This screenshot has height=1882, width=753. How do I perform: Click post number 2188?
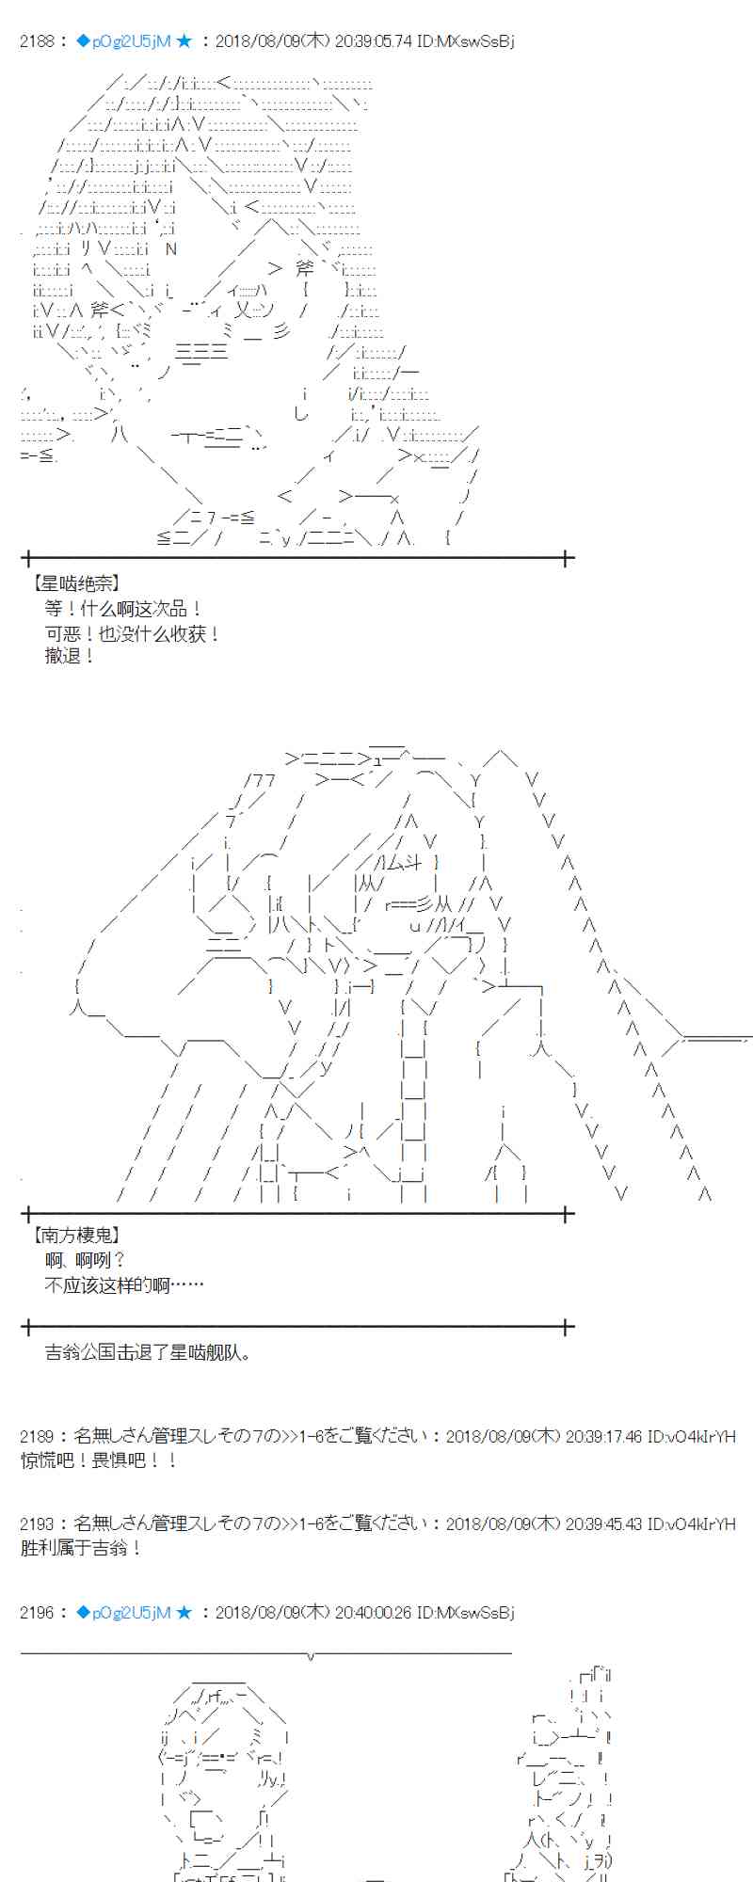coord(37,41)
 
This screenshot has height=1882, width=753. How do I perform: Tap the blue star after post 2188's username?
coord(184,41)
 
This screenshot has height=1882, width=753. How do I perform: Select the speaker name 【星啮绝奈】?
coord(75,584)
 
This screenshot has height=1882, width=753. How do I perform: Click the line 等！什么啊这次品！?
coord(123,609)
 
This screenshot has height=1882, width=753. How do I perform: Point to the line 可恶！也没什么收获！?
coord(133,634)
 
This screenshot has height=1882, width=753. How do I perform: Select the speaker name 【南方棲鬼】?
coord(75,1236)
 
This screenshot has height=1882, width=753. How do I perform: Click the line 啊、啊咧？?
coord(86,1260)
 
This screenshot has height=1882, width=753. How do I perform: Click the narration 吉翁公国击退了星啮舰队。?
coord(149,1352)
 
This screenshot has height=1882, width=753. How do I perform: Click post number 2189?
coord(37,1436)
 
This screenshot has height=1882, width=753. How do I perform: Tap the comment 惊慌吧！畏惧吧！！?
coord(100,1460)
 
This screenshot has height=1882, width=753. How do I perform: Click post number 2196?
coord(37,1612)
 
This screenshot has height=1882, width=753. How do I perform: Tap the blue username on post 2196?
coord(124,1612)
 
